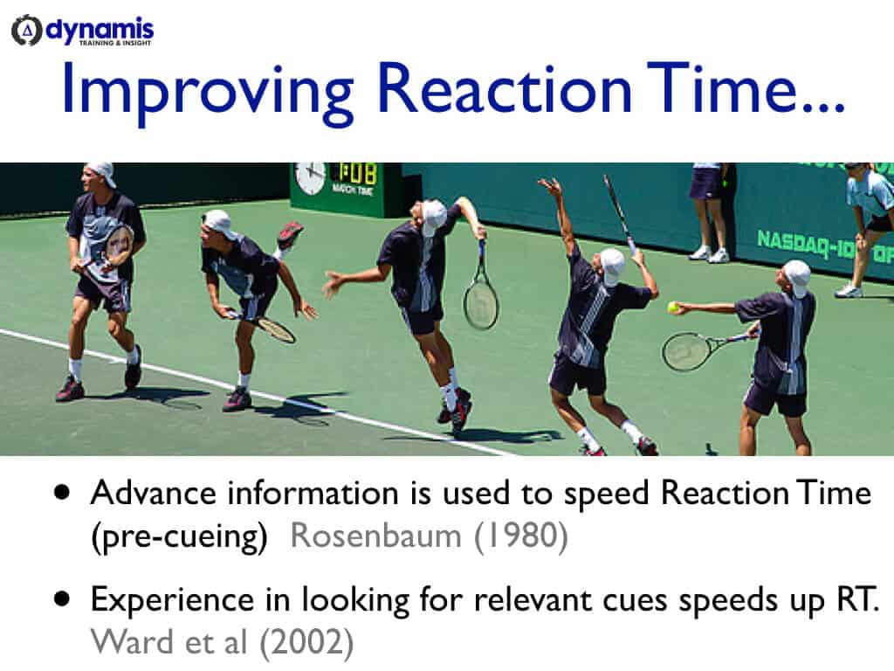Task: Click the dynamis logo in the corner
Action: (82, 31)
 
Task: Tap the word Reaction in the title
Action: (506, 91)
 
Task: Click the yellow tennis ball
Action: (673, 307)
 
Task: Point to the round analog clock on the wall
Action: (310, 178)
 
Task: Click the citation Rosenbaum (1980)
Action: (429, 536)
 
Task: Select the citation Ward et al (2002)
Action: (222, 642)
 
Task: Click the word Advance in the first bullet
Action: (154, 494)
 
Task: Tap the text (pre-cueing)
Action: (179, 536)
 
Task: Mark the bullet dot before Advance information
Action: (61, 493)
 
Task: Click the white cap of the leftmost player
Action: (102, 171)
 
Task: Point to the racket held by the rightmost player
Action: (694, 349)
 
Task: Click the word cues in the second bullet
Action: (629, 600)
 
